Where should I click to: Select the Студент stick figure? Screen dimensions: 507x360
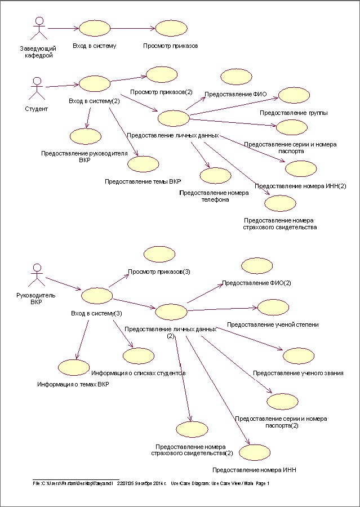(35, 87)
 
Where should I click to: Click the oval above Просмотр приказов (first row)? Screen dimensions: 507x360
(171, 29)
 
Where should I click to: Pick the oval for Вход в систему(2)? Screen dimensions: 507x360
(95, 83)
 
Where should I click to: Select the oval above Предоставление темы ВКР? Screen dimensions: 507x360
(143, 164)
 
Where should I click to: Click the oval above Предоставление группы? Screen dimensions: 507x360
(294, 95)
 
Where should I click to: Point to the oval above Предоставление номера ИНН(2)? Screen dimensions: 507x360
(301, 168)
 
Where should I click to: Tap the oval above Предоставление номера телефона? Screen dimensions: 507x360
(215, 175)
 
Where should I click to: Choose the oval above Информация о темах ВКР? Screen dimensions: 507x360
(73, 367)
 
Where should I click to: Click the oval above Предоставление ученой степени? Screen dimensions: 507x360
(273, 308)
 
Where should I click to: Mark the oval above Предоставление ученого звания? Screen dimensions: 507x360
(298, 356)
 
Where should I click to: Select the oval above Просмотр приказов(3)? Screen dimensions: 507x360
(159, 254)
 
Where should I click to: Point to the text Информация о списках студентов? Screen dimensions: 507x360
(139, 373)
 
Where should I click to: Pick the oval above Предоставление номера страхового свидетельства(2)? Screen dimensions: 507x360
(192, 429)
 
